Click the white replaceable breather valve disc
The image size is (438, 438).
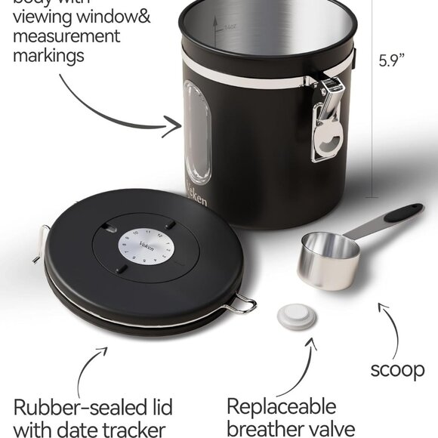295,316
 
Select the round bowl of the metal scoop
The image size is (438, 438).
328,258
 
